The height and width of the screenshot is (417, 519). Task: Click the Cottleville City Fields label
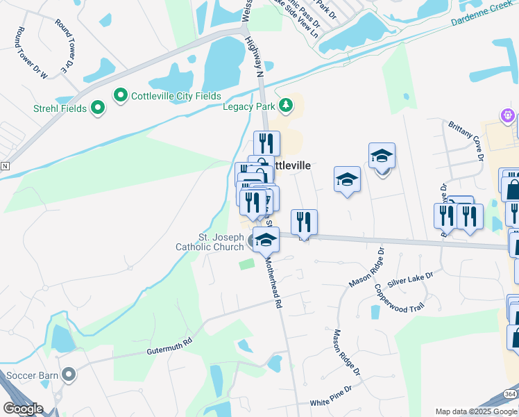point(177,96)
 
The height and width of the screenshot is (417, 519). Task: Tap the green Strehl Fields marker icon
point(98,108)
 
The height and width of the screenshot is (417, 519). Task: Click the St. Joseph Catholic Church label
point(209,242)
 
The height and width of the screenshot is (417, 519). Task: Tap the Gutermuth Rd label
point(168,348)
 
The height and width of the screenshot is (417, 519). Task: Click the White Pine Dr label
point(337,402)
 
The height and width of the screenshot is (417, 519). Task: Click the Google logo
point(23,409)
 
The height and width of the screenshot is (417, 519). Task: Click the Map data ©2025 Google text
point(475,411)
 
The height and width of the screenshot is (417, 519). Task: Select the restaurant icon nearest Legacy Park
point(266,143)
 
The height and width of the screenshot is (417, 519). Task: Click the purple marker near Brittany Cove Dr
point(508,115)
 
